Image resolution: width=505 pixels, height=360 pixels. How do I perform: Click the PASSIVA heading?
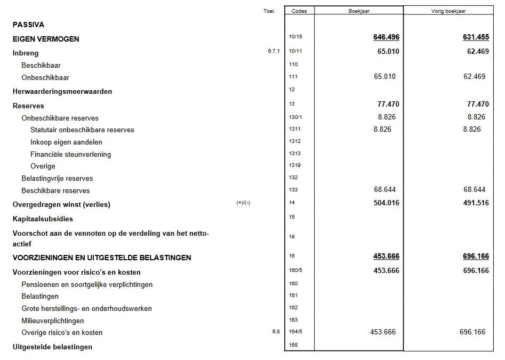tap(28, 25)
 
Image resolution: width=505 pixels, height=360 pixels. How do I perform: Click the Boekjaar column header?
tap(359, 11)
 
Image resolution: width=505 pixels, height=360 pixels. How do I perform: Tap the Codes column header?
tap(299, 11)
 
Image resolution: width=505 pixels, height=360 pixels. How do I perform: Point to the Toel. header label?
tap(269, 11)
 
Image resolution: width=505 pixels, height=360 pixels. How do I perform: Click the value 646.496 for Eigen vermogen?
tap(387, 37)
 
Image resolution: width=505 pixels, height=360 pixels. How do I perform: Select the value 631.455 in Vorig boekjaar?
tap(476, 37)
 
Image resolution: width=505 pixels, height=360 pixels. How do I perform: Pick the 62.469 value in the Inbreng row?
tap(476, 52)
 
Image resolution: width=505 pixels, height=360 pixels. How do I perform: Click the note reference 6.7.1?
tap(274, 52)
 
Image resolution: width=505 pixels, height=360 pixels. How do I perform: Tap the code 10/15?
tap(295, 37)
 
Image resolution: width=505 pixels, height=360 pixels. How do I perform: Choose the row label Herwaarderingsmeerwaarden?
tap(62, 92)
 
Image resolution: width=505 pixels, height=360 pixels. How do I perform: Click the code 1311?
tap(294, 129)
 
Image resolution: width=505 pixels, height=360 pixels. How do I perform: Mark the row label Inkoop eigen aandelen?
tap(66, 142)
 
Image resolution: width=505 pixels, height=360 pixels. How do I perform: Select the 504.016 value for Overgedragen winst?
tap(387, 203)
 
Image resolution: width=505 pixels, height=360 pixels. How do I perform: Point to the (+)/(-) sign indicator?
tap(243, 203)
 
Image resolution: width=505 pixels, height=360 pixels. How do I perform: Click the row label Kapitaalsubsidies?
tap(43, 219)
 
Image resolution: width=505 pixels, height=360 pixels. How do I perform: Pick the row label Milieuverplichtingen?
tap(52, 321)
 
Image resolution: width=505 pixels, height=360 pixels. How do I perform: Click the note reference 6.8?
tap(276, 332)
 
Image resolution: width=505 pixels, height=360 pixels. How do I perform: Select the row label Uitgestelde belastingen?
tap(52, 347)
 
